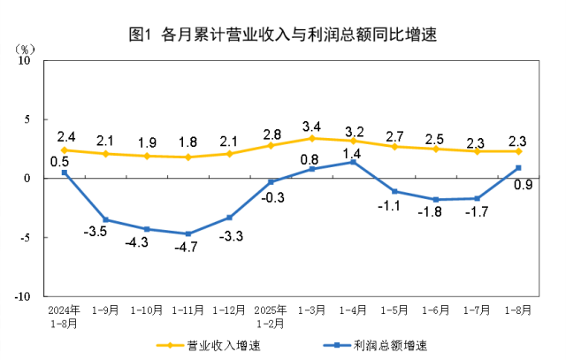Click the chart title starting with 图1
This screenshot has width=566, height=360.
point(283,35)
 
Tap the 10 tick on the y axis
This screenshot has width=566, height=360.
point(26,60)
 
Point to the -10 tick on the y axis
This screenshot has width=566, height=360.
point(23,296)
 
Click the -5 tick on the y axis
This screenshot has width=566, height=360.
point(26,237)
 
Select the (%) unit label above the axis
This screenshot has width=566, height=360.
point(26,46)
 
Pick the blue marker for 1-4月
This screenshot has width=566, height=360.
point(354,162)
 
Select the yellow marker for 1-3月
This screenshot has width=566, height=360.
point(312,138)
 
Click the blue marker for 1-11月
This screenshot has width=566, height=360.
point(188,234)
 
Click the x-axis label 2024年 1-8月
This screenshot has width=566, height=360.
point(65,317)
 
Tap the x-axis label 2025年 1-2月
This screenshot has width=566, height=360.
point(271,317)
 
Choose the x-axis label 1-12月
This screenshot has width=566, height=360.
point(229,311)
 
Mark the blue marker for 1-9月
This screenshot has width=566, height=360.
point(106,219)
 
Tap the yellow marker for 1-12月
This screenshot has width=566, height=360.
point(230,153)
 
